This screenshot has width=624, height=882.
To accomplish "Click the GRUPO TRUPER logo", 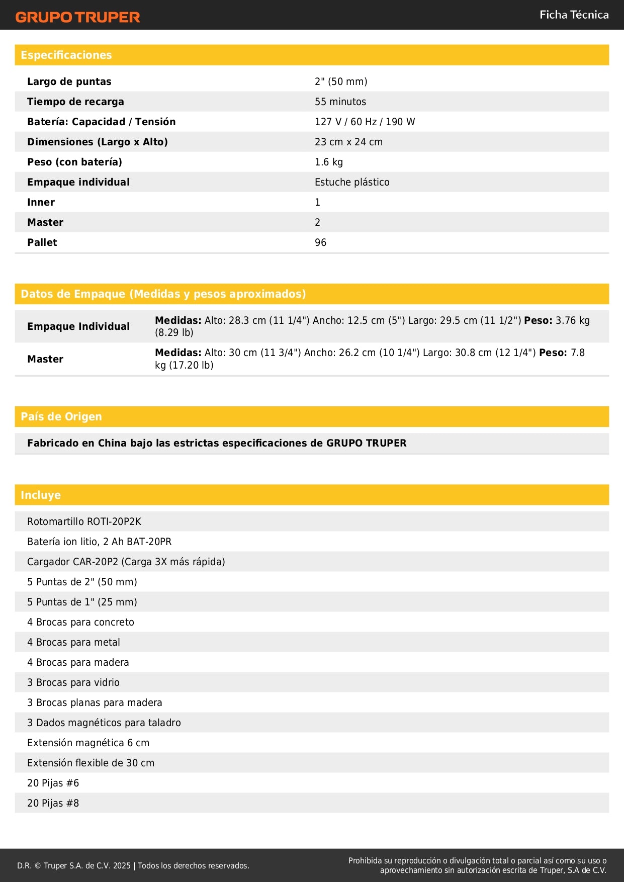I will [77, 17].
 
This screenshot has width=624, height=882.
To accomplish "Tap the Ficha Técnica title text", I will [574, 15].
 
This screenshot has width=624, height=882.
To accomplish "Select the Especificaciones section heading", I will [66, 55].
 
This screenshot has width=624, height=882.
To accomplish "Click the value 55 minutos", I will [340, 102].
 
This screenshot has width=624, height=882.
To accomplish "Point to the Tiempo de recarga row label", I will [75, 102].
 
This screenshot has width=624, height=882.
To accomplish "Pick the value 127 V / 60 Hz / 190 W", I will [365, 122].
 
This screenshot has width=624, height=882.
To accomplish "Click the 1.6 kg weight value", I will [329, 162].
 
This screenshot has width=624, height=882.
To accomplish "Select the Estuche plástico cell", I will [352, 182].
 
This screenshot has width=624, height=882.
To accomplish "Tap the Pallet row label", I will [42, 242].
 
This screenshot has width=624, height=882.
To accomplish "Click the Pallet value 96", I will [320, 242].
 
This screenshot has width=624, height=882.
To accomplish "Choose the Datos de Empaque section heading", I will [163, 294].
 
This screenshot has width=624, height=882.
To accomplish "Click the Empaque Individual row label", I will [78, 326].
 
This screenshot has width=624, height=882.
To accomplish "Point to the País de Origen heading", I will [61, 417].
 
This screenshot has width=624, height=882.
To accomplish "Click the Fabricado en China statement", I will [217, 443].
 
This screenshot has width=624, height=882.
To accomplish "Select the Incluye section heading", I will [41, 495].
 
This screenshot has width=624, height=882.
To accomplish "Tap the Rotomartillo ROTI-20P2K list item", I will [84, 521].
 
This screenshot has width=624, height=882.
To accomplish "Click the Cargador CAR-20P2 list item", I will [126, 562].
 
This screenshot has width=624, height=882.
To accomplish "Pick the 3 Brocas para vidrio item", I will [73, 682].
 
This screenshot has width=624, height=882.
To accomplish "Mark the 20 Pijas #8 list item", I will [53, 803].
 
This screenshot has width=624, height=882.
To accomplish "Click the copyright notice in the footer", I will [133, 865].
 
